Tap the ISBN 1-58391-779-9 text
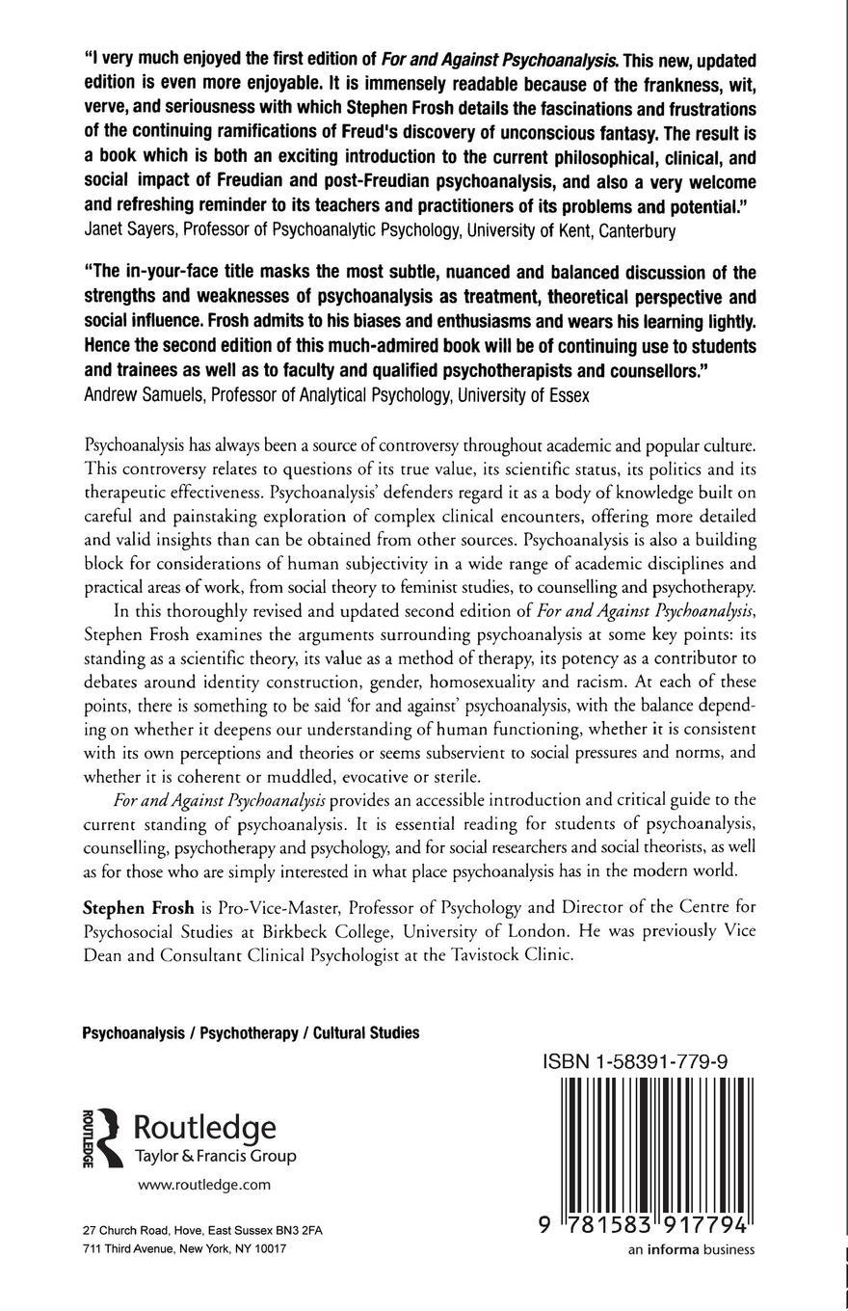click(x=634, y=1061)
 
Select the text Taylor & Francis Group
click(x=214, y=1156)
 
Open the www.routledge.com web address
click(x=204, y=1185)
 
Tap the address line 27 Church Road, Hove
click(x=202, y=1231)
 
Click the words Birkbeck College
click(x=331, y=931)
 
